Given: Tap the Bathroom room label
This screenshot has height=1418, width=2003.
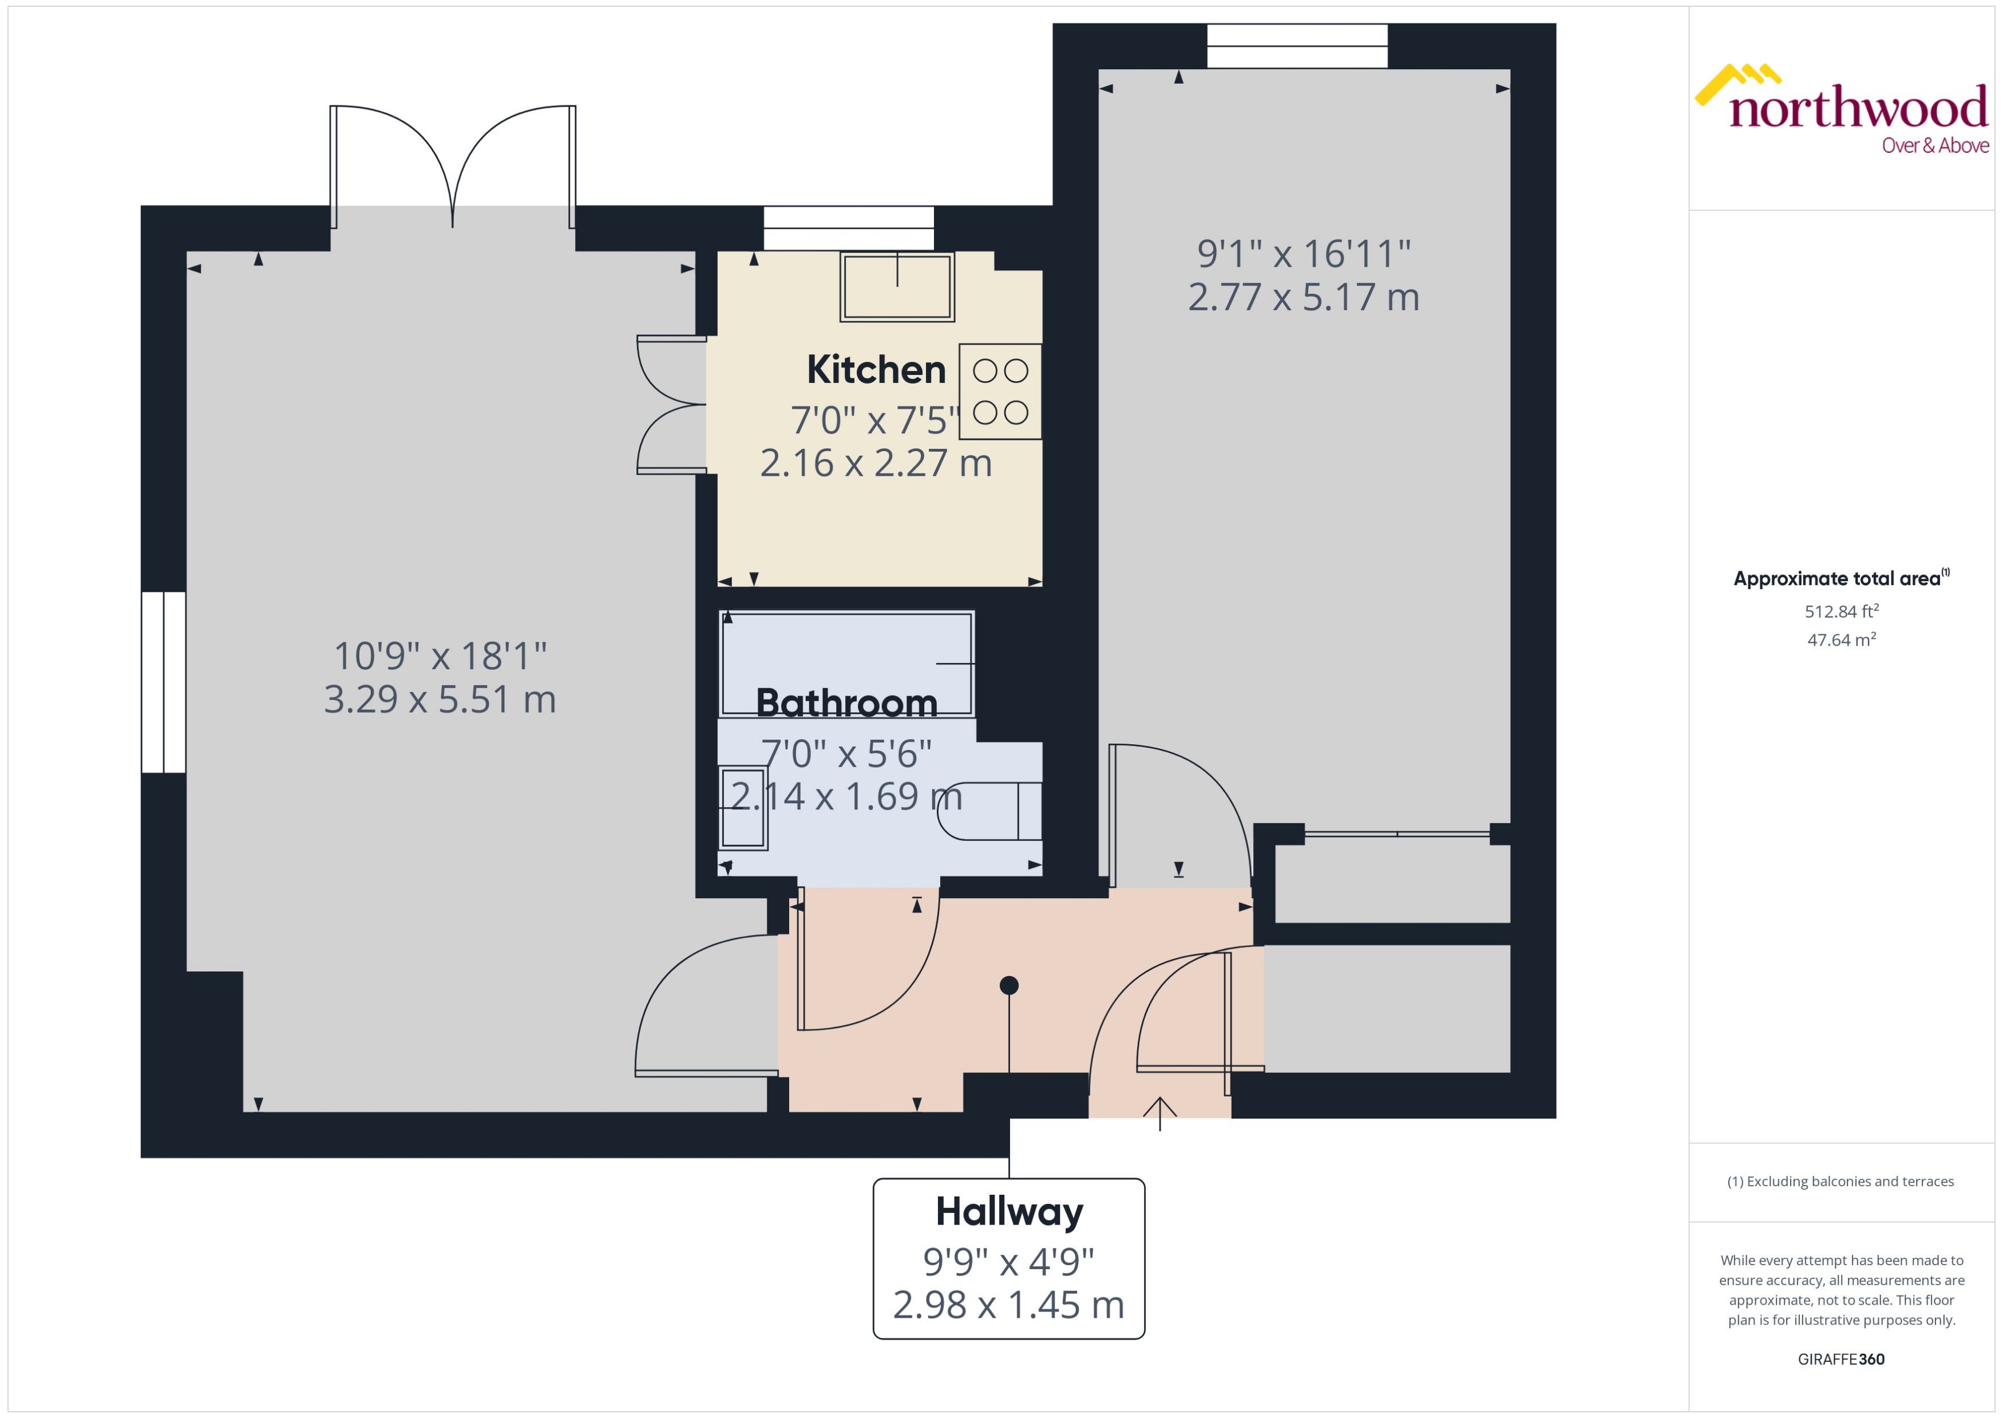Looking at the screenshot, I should click(x=846, y=703).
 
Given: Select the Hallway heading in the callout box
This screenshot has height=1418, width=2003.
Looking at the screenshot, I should click(x=1009, y=1212).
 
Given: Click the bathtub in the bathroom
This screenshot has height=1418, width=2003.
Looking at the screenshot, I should click(x=846, y=663).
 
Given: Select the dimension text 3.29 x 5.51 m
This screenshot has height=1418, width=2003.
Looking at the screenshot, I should click(x=440, y=700).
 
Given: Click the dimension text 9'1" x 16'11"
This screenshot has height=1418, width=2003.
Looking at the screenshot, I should click(x=1303, y=254).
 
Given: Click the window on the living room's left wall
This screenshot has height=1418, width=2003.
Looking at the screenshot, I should click(x=163, y=683).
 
